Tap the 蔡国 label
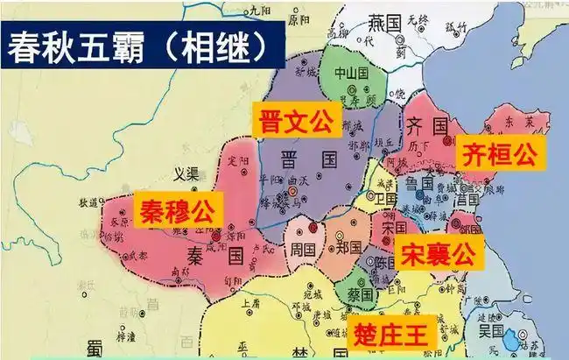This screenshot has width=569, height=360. pos(362,294)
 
